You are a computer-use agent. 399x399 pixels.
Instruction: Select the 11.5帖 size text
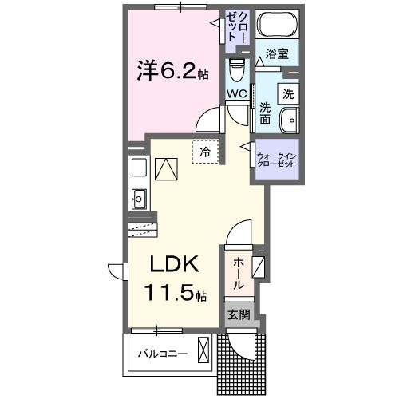175,293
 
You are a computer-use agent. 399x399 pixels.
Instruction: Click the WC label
236,93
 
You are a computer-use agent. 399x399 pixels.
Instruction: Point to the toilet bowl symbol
237,72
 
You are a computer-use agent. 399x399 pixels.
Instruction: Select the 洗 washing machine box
288,93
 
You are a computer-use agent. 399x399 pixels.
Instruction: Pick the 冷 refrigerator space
205,151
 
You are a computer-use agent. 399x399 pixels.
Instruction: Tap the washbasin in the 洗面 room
288,121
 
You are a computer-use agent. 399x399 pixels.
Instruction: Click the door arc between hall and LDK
237,234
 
